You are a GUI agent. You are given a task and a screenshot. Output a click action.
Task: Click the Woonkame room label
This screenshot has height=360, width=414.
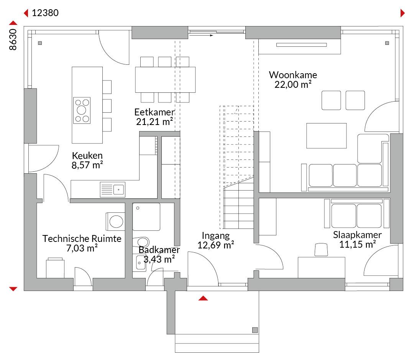tap(293, 75)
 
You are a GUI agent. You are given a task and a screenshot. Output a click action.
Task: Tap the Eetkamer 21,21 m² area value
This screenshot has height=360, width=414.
tap(154, 122)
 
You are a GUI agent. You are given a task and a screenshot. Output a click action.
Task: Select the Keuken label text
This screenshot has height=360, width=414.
tap(87, 156)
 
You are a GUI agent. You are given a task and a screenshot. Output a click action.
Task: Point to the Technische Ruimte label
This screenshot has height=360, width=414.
tap(82, 238)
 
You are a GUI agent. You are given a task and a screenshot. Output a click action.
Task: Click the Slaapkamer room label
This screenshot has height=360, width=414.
tap(357, 235)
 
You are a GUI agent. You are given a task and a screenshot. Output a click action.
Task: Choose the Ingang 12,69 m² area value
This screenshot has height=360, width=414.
tap(216, 245)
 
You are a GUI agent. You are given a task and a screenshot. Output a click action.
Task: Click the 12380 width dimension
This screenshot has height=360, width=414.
tap(45, 13)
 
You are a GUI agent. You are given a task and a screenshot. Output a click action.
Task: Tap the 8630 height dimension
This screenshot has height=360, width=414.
tap(13, 39)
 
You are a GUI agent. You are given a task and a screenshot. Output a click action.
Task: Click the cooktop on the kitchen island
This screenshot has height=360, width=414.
tap(82, 110)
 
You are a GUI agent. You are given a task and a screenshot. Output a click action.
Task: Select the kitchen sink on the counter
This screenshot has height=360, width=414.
tap(113, 189)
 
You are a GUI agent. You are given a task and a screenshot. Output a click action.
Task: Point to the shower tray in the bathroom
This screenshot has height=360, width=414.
tap(146, 217)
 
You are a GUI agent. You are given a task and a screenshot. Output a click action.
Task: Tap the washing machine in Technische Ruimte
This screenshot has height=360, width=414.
tap(115, 221)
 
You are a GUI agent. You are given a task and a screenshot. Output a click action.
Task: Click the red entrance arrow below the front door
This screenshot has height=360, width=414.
tap(203, 298)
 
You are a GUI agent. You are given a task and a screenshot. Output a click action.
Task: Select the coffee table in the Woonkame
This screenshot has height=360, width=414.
tap(326, 135)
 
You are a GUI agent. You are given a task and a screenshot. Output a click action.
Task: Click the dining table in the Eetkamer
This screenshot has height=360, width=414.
tap(165, 79)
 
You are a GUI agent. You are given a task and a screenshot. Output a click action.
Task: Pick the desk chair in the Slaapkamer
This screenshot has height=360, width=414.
tap(321, 250)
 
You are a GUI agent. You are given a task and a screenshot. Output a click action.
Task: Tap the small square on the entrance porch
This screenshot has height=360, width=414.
tap(255, 330)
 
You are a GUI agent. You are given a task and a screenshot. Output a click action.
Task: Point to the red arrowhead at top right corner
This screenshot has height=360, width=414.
tap(402, 13)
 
